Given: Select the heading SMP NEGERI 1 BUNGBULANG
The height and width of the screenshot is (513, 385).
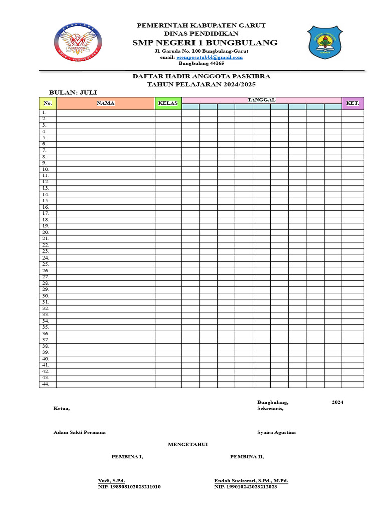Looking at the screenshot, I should click(205, 43).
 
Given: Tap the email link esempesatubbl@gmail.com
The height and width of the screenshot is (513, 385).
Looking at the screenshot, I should click(210, 57).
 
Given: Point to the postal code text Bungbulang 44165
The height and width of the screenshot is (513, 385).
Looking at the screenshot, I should click(202, 63).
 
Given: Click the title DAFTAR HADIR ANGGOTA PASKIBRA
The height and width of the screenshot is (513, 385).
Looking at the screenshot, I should click(201, 76).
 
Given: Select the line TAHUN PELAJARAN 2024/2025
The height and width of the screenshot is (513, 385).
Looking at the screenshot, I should click(201, 85).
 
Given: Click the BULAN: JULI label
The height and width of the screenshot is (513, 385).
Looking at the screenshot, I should click(73, 93).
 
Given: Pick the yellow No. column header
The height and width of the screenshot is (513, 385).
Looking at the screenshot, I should click(48, 103).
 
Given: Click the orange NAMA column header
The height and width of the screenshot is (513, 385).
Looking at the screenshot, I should click(106, 103).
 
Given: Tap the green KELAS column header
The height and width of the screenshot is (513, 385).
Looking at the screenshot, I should click(168, 103).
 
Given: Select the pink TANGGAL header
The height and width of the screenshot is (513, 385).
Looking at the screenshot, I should click(261, 100).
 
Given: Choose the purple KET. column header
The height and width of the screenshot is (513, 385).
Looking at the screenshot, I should click(353, 103).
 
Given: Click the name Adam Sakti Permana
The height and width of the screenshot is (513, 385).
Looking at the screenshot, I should click(79, 432).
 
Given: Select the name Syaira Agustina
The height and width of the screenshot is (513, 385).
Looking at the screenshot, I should click(276, 432).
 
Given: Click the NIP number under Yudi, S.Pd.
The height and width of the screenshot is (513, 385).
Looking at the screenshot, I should click(129, 487).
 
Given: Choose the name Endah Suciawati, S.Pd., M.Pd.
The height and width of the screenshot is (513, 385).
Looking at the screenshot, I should click(251, 481).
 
